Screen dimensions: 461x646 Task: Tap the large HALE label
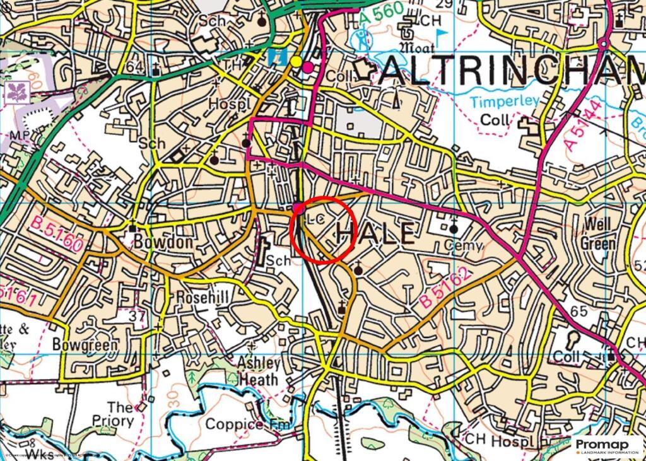coord(376,234)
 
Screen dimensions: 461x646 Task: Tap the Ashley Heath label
coord(258,371)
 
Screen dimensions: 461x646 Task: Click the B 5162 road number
coord(445,288)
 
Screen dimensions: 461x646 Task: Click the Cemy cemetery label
coord(463,245)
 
